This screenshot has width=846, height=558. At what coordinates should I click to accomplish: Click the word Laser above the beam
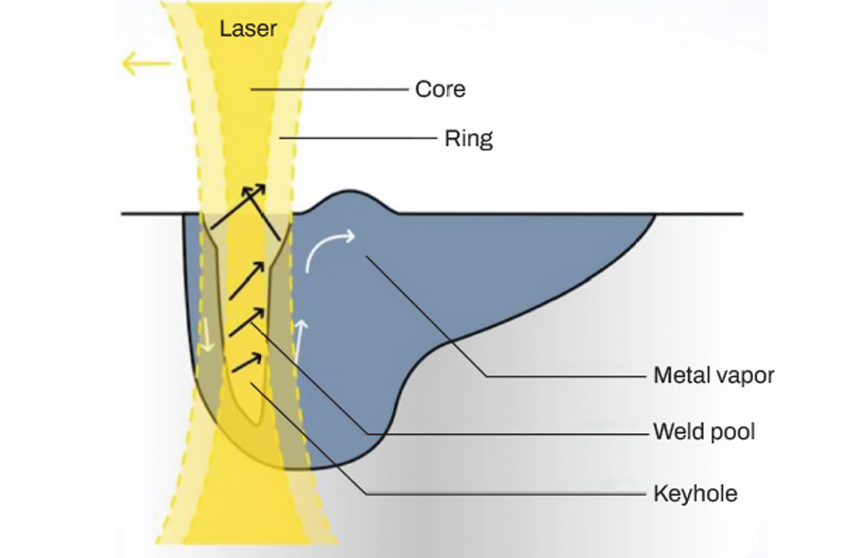click(x=248, y=28)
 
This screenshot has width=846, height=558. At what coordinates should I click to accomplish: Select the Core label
click(x=440, y=90)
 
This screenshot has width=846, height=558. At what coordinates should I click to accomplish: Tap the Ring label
click(x=468, y=140)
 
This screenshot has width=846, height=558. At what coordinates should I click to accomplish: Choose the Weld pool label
click(x=704, y=433)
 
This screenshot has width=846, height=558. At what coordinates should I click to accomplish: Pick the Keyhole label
click(x=695, y=493)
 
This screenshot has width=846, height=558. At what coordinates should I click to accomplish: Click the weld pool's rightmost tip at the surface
click(x=652, y=216)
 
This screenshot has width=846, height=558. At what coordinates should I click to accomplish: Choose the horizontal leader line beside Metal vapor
click(x=564, y=376)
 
